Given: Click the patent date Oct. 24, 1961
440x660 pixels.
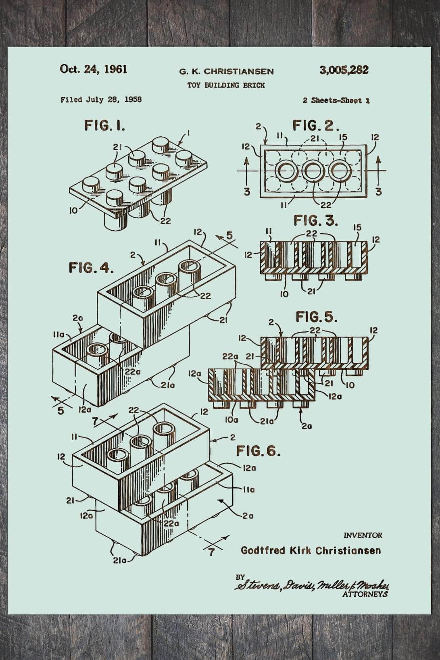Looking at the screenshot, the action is click(x=94, y=69).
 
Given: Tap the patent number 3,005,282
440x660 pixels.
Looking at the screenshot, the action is click(x=344, y=70).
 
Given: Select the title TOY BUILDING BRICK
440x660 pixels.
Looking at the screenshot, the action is click(x=226, y=85).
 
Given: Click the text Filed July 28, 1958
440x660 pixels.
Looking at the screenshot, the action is click(x=101, y=100).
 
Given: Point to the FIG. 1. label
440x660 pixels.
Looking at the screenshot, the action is click(x=104, y=126).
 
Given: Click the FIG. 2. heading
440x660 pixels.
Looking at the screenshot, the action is click(x=316, y=126).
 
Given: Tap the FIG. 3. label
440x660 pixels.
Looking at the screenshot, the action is click(x=316, y=221).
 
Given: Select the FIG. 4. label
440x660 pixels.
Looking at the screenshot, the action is click(x=91, y=268).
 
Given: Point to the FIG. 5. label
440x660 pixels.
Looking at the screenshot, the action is click(x=317, y=317).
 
